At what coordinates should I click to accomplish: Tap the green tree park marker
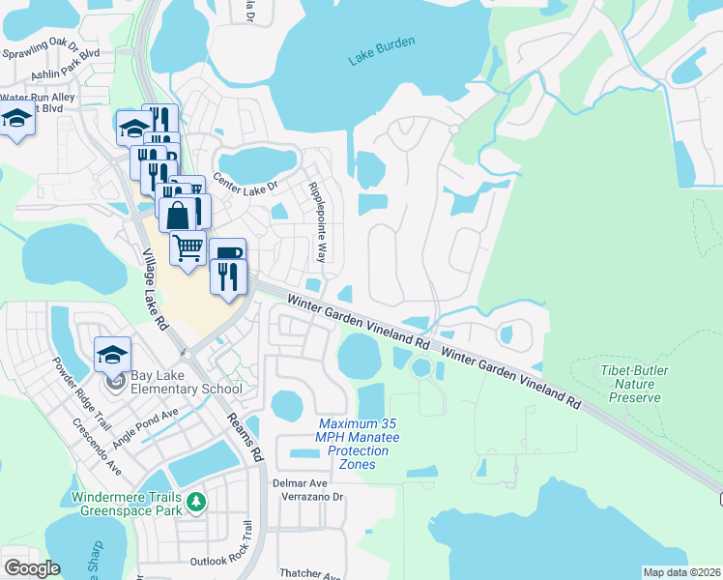click(197, 501)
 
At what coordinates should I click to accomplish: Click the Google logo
click(32, 567)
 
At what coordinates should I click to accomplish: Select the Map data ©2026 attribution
click(681, 572)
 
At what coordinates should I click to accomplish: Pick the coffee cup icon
click(227, 254)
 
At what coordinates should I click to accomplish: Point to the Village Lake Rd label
click(156, 290)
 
